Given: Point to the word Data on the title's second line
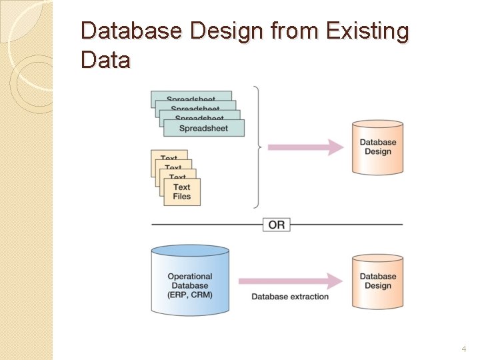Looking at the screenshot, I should tap(105, 60).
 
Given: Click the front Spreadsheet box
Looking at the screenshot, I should tap(203, 129).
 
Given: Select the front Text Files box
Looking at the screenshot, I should tap(181, 191).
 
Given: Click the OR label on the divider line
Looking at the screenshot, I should tap(277, 225).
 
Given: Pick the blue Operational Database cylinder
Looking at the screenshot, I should tap(190, 280).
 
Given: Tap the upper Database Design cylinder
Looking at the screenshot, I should tap(377, 147).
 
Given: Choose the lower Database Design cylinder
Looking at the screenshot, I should tap(377, 281).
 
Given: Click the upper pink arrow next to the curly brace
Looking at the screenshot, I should tap(305, 147).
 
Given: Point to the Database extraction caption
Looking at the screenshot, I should tap(290, 297).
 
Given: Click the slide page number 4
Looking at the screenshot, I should tap(463, 349).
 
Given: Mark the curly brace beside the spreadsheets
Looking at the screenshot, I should tap(259, 147).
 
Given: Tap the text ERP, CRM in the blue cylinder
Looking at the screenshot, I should tap(190, 295).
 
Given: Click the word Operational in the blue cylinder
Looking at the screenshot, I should tap(190, 277).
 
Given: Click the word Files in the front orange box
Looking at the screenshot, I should tap(181, 197).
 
